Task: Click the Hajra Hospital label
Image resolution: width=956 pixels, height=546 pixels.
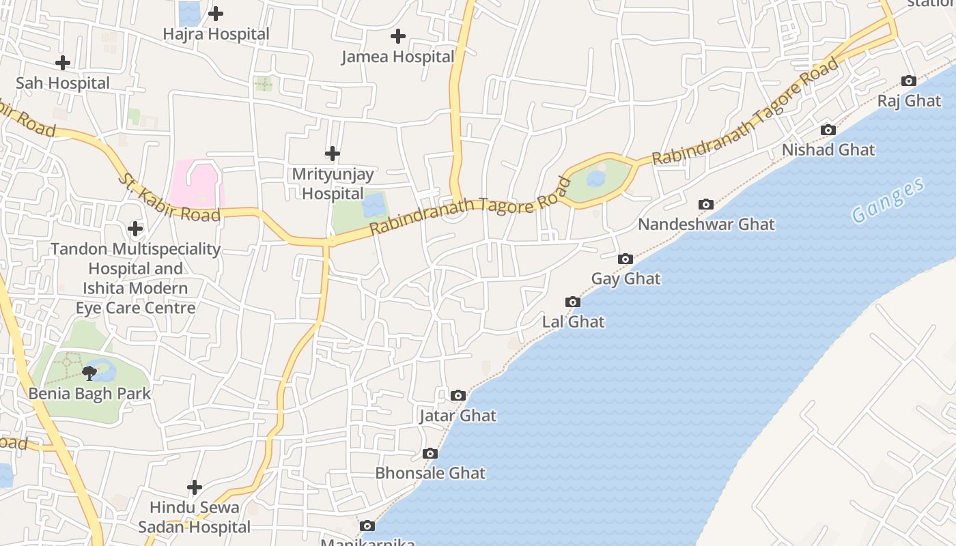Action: tap(216, 33)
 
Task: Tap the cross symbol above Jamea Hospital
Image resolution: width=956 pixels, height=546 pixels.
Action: tap(398, 36)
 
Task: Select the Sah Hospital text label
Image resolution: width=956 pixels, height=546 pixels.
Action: tap(63, 83)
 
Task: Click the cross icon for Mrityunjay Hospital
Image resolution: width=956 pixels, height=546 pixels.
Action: tap(333, 154)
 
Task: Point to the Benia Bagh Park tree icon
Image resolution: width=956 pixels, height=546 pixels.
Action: tap(89, 373)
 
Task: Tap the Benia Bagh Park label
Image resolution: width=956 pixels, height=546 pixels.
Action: tap(89, 394)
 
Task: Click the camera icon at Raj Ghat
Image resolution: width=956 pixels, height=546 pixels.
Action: tap(909, 81)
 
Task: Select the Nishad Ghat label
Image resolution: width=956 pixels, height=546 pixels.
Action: tap(828, 149)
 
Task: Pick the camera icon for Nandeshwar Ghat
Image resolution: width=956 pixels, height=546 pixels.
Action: tap(706, 204)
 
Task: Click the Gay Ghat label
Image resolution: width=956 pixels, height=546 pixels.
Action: tap(625, 278)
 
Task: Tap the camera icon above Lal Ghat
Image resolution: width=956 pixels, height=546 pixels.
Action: tap(573, 302)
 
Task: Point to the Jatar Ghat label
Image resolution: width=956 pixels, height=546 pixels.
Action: tap(458, 416)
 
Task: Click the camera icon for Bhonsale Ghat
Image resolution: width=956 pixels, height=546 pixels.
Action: tap(430, 453)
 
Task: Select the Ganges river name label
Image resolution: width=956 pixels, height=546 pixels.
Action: tap(888, 200)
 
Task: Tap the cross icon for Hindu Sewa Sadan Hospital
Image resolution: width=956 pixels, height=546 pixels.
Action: tap(195, 487)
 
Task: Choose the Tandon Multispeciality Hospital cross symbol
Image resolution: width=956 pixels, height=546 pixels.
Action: tap(135, 228)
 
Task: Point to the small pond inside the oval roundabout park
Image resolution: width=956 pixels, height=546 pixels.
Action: tap(596, 179)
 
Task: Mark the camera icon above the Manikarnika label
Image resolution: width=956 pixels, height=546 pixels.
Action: tap(367, 526)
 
